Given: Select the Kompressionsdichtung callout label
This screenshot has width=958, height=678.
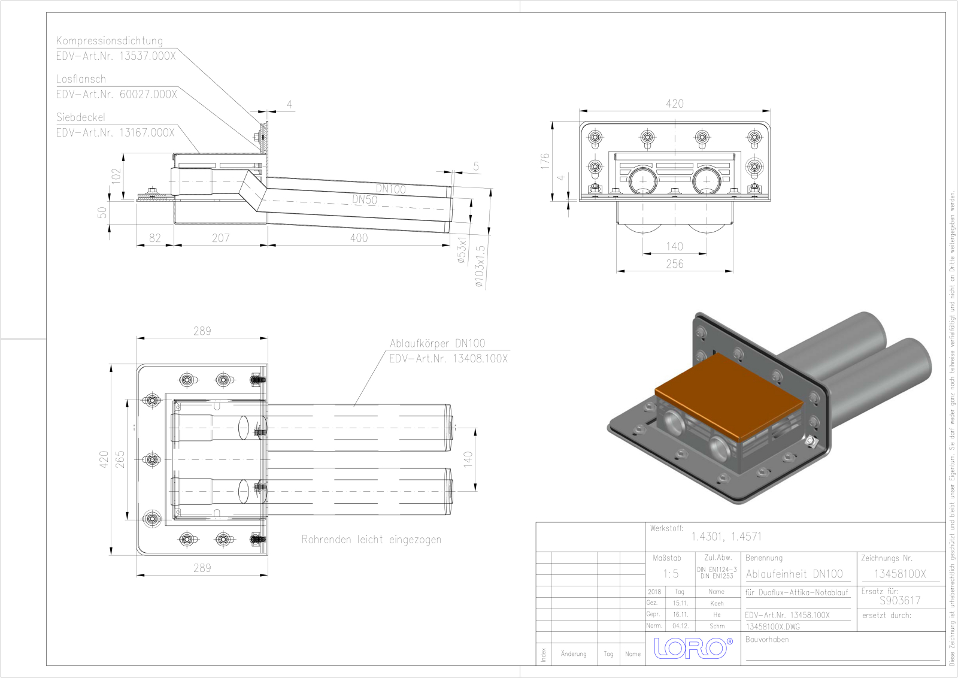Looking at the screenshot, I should [x=110, y=41].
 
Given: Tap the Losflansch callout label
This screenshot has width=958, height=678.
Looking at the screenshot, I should [x=81, y=79].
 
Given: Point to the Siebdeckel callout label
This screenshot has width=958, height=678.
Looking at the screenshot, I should [x=80, y=117].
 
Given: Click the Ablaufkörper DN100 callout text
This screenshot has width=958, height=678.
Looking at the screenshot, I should [x=437, y=343].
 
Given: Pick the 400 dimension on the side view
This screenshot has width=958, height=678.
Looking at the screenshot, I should [x=359, y=238].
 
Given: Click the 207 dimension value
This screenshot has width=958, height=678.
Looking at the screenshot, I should [x=220, y=238].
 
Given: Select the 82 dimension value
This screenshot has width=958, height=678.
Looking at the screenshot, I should [x=155, y=238].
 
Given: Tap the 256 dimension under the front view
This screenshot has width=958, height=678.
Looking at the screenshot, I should [x=674, y=264].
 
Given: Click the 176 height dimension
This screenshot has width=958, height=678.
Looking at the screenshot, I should [x=544, y=161].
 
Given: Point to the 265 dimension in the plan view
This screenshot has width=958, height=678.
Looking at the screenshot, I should [x=120, y=459].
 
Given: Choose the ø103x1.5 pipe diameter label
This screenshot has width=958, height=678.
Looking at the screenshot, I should [x=480, y=267].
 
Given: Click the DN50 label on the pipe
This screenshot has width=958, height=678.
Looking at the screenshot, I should [x=364, y=200].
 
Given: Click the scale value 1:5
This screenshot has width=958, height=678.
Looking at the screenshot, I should [x=671, y=574].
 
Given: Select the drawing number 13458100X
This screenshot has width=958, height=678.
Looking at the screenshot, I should [x=899, y=574].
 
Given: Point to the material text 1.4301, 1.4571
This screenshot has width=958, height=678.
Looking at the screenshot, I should [x=726, y=537].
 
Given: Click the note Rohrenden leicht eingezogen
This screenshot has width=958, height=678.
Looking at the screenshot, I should [x=371, y=540].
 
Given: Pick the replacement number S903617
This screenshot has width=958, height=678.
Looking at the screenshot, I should [x=900, y=600].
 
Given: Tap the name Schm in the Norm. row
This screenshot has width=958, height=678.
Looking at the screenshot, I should [x=717, y=626].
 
